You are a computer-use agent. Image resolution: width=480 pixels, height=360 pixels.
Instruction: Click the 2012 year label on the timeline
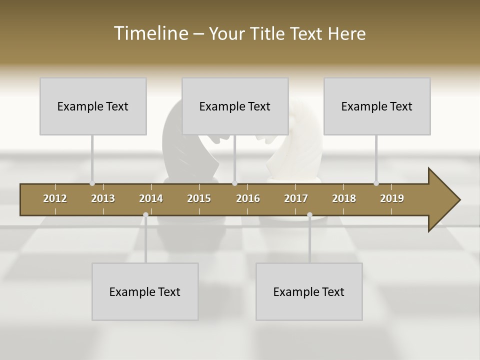55,198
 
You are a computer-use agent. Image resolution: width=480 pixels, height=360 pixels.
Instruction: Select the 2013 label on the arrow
103,198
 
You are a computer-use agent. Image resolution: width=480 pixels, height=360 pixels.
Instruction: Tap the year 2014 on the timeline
151,198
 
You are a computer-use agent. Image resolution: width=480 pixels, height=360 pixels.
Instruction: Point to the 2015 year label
199,198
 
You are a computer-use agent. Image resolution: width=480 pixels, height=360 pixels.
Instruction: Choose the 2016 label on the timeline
248,198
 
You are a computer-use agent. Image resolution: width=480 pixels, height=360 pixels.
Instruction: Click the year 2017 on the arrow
296,198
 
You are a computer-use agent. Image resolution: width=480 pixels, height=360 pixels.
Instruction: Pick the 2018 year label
344,198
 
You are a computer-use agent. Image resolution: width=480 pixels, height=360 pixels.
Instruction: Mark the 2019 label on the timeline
392,198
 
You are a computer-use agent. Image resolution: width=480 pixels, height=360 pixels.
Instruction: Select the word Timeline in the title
150,33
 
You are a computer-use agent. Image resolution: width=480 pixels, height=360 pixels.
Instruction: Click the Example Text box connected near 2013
93,106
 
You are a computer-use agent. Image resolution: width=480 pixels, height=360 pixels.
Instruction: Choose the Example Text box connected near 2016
235,106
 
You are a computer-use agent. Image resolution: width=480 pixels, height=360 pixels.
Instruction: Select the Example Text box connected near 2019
377,106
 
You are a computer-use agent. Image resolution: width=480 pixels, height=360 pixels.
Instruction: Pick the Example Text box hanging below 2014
145,291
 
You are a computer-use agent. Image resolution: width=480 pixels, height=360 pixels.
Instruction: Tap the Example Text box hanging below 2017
309,291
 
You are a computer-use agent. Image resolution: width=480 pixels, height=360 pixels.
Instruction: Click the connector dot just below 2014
145,214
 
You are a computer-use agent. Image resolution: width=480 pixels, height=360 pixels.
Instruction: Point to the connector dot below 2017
309,215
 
